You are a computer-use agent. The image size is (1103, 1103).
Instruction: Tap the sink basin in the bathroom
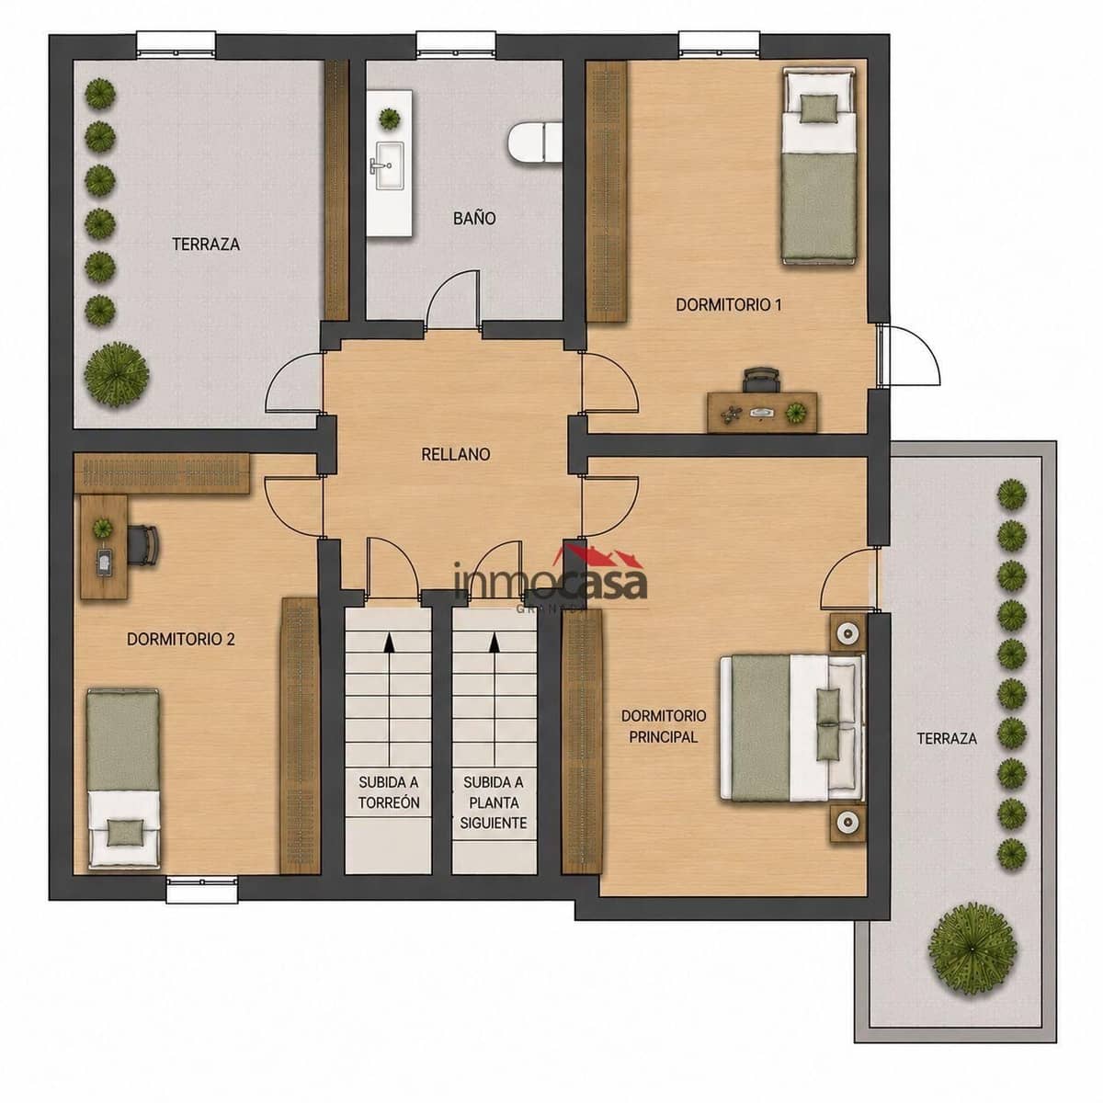pyautogui.click(x=388, y=166)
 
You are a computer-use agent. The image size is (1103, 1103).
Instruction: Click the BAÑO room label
pyautogui.click(x=474, y=218)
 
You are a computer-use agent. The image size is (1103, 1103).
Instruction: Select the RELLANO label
pyautogui.click(x=456, y=454)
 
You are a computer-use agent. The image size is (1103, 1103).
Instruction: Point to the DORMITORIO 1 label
pyautogui.click(x=729, y=304)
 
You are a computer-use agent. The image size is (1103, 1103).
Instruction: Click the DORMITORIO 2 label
pyautogui.click(x=181, y=640)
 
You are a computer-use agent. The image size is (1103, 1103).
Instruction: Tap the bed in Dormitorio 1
pyautogui.click(x=820, y=166)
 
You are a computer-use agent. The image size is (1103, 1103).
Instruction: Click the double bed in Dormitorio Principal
pyautogui.click(x=792, y=728)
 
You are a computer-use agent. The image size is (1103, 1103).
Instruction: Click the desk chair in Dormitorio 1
pyautogui.click(x=761, y=380)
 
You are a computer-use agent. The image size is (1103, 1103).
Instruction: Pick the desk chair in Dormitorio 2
pyautogui.click(x=143, y=545)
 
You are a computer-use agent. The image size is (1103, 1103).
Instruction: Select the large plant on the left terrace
pyautogui.click(x=117, y=375)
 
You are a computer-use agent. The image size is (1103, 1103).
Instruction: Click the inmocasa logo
pyautogui.click(x=550, y=579)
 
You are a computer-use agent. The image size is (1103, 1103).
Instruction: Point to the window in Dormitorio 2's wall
pyautogui.click(x=202, y=890)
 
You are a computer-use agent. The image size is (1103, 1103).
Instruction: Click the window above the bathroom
pyautogui.click(x=456, y=45)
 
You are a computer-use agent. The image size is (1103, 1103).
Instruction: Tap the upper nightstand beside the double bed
pyautogui.click(x=847, y=632)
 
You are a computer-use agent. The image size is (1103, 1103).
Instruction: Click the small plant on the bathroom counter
pyautogui.click(x=390, y=119)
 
